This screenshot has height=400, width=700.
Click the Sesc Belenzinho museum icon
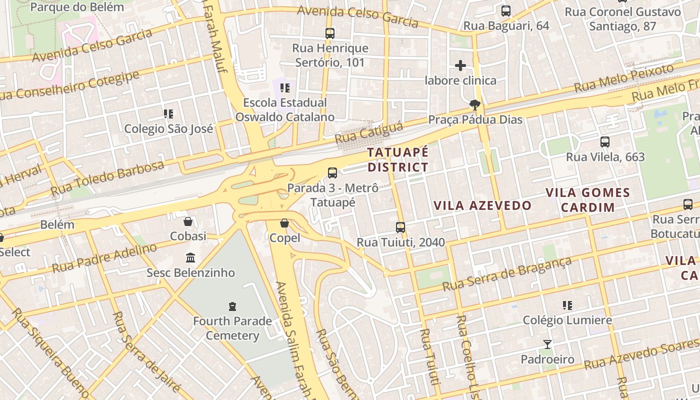coord(190,258)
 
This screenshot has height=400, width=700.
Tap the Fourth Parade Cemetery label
coord(232,328)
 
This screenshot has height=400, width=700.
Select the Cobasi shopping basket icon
coord(188,221)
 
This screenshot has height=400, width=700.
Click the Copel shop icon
coord(284,223)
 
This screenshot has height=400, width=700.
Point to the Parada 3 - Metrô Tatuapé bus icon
coord(332,173)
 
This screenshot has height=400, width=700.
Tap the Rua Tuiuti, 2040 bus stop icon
coord(400,227)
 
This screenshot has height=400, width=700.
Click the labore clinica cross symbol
coord(460,65)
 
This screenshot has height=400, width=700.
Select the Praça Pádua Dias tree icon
coord(474,104)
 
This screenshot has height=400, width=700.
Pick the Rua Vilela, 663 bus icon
coord(605,142)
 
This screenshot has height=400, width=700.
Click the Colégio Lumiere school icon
coord(567,305)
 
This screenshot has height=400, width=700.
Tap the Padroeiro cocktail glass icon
coord(547,344)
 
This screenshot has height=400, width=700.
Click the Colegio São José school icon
coord(168,114)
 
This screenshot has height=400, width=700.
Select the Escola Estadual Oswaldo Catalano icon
coord(285,88)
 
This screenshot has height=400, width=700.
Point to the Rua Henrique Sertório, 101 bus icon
coord(330,33)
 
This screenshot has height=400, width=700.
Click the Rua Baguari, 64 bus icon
coord(506,11)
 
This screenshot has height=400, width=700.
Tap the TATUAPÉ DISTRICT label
coord(398,159)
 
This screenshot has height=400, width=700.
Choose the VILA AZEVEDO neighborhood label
coord(482,205)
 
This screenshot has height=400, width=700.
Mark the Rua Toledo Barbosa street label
coord(107,179)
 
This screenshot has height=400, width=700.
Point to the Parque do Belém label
coord(77,7)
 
